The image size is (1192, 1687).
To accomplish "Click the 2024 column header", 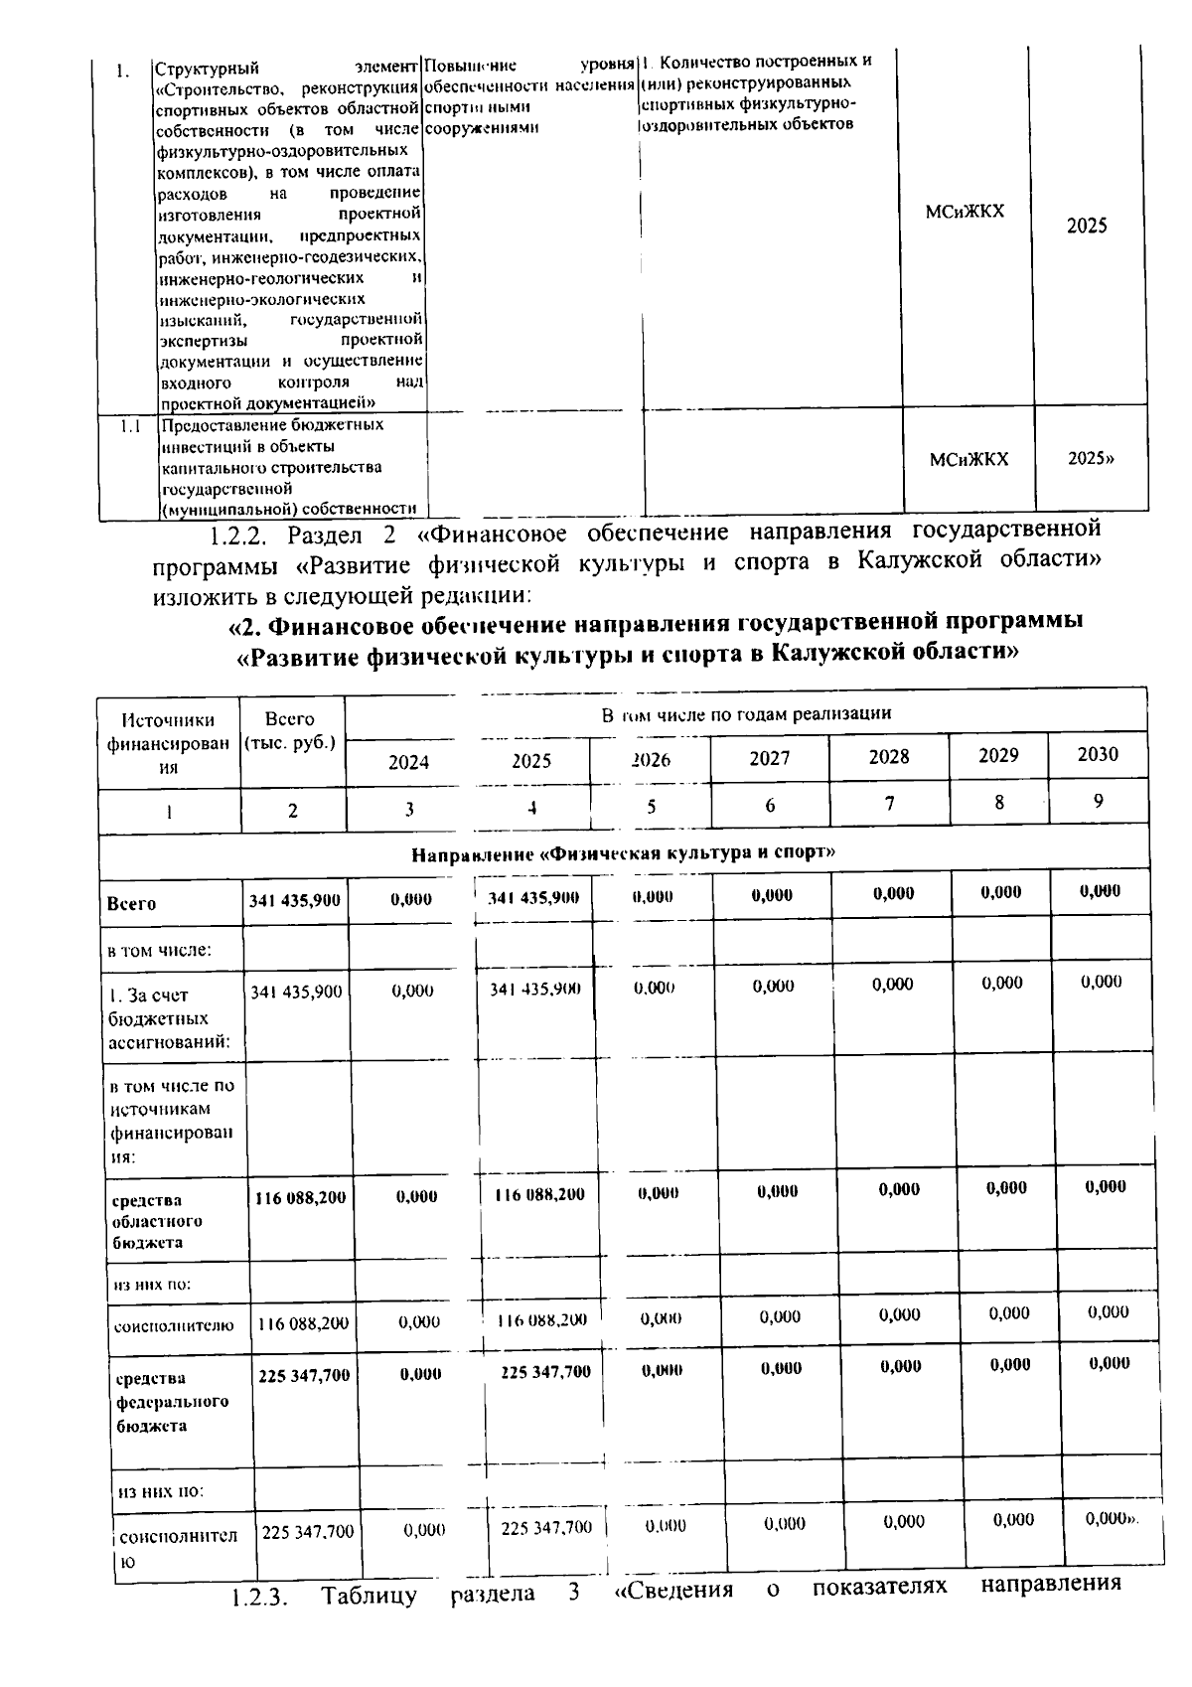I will point(408,762).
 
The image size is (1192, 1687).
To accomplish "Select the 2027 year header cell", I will point(770,758).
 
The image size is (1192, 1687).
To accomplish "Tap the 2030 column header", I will point(1098,754).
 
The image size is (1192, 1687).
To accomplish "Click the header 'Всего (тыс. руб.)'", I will point(291,730).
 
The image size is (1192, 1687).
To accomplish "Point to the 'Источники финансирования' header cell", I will point(168,742).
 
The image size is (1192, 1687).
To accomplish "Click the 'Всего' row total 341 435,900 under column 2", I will point(295,900).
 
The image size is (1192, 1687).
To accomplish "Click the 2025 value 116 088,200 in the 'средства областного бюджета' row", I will point(539,1195).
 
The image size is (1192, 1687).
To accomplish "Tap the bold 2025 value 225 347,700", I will point(545,1372).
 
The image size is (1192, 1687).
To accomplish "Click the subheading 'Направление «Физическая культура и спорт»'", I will point(623,852).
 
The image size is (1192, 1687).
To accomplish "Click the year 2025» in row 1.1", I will point(1090,459).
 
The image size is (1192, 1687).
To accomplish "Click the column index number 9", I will point(1099,801).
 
